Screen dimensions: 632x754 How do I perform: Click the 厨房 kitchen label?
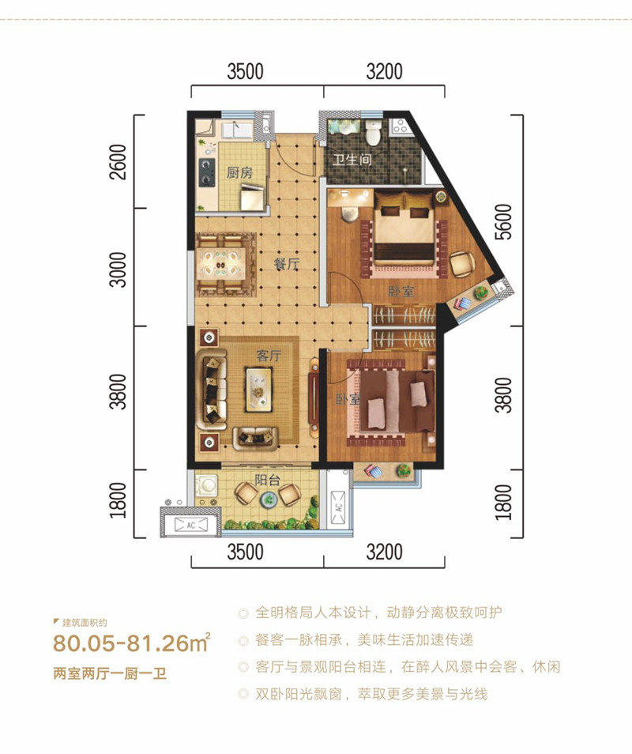(240, 172)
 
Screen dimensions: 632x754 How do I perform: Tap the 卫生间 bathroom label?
(352, 159)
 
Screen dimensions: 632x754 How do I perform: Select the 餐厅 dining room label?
(287, 263)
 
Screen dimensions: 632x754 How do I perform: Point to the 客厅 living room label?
(268, 356)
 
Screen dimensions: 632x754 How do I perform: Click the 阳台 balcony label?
(267, 480)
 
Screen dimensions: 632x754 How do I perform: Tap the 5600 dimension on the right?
(504, 221)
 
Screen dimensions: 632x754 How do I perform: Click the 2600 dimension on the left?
(118, 161)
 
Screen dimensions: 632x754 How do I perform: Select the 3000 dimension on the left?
(118, 270)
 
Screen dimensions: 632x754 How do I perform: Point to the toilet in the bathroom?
(373, 132)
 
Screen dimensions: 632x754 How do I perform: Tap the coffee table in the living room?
(259, 389)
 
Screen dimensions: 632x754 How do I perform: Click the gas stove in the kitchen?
(207, 172)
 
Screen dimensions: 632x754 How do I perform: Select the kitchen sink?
(236, 130)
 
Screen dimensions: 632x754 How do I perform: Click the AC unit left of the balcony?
(191, 525)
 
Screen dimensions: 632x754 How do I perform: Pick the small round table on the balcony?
(267, 501)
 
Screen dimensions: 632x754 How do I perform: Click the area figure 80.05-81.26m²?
(132, 643)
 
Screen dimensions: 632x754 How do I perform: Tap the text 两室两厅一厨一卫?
(110, 673)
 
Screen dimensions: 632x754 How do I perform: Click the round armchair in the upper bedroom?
(462, 264)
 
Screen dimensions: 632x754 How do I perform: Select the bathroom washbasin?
(343, 128)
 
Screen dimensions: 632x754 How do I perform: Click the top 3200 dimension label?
(385, 72)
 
